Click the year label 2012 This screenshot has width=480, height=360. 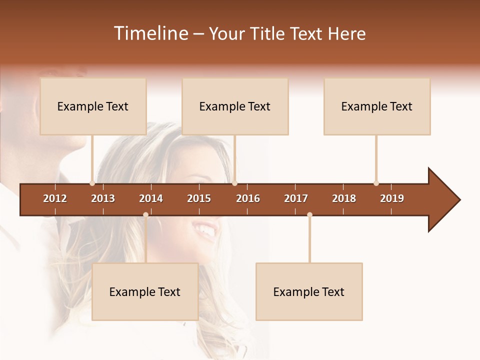click(x=55, y=198)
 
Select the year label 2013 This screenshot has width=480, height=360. click(x=103, y=198)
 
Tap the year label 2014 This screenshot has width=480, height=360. click(x=151, y=198)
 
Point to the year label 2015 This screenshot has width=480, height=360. click(x=199, y=198)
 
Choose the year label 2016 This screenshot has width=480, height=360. click(x=248, y=198)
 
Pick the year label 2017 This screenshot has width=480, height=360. click(x=296, y=198)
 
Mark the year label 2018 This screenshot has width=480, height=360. click(x=344, y=198)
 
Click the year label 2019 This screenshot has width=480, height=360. click(x=392, y=198)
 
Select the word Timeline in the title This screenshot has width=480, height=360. click(x=150, y=33)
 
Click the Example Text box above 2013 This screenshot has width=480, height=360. click(x=93, y=106)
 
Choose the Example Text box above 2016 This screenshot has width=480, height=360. click(x=235, y=106)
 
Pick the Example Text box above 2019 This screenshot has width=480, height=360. click(x=377, y=106)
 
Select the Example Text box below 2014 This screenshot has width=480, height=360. click(x=145, y=291)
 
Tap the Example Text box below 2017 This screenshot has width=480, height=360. click(x=309, y=291)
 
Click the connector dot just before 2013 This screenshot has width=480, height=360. click(x=92, y=183)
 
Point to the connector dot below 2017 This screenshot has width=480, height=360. click(x=309, y=215)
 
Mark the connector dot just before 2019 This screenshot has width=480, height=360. click(x=376, y=183)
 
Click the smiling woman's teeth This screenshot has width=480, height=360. click(x=205, y=230)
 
